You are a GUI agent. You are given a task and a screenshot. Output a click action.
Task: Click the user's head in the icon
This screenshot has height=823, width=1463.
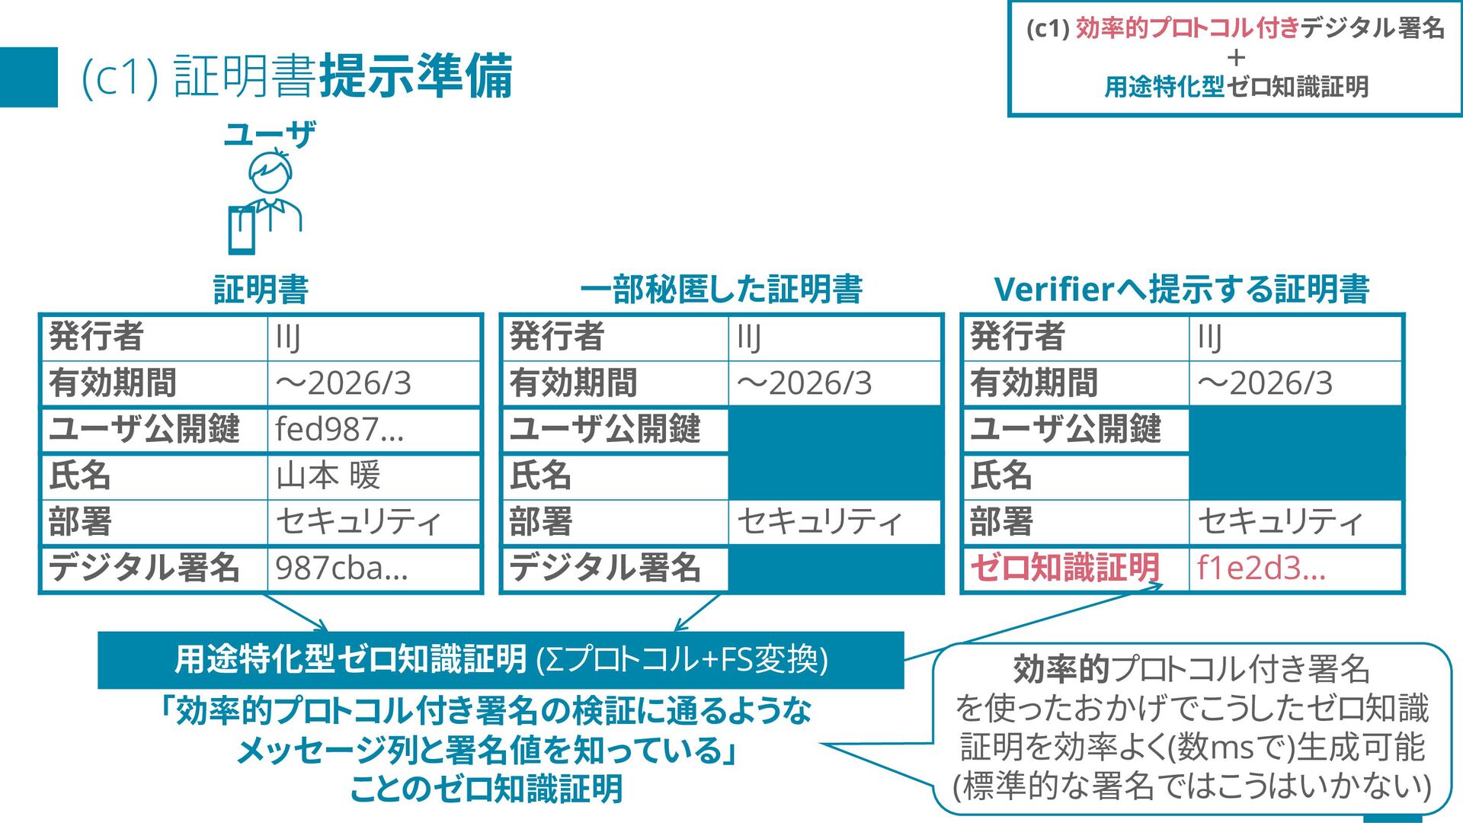coord(271,174)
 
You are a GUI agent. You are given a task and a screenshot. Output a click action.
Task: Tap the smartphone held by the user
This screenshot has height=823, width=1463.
coord(242,230)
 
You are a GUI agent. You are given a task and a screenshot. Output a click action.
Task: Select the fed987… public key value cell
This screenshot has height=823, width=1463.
coord(373,430)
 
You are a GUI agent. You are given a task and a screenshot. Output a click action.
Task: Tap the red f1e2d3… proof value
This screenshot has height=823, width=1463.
coord(1261,568)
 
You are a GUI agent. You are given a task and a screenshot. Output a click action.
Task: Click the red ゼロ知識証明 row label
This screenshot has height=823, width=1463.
coord(1064,568)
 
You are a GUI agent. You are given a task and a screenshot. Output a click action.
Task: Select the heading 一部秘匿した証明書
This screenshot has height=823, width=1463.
coord(721,290)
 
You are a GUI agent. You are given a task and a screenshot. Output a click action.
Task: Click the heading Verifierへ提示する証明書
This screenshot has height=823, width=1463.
coord(1182,290)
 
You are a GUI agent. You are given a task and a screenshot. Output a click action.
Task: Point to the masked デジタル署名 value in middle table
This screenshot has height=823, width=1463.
coord(834,568)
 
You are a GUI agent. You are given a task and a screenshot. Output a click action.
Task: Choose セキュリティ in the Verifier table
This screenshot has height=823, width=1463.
coord(1280,522)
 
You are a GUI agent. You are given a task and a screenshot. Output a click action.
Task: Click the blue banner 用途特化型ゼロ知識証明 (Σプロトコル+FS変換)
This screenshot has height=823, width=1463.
coord(501,660)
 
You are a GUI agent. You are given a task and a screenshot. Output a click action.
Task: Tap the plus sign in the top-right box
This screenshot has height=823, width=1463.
coord(1236,57)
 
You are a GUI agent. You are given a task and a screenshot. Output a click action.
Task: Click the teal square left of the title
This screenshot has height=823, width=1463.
coord(29,77)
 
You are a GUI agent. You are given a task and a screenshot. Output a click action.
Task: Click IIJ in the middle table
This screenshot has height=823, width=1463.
coord(749,337)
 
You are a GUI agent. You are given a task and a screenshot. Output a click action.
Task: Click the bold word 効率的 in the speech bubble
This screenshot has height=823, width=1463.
coord(1061,669)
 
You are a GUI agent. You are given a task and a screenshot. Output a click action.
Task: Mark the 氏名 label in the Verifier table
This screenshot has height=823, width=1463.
coord(1000,476)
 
